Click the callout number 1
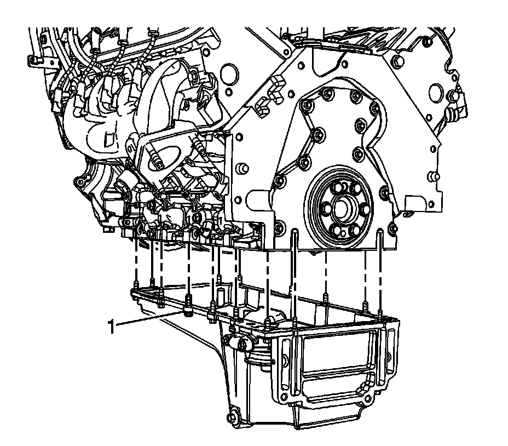click(x=112, y=327)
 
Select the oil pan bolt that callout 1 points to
click(x=187, y=305)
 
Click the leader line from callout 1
click(x=149, y=317)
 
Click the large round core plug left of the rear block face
click(x=230, y=73)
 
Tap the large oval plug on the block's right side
click(x=436, y=92)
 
